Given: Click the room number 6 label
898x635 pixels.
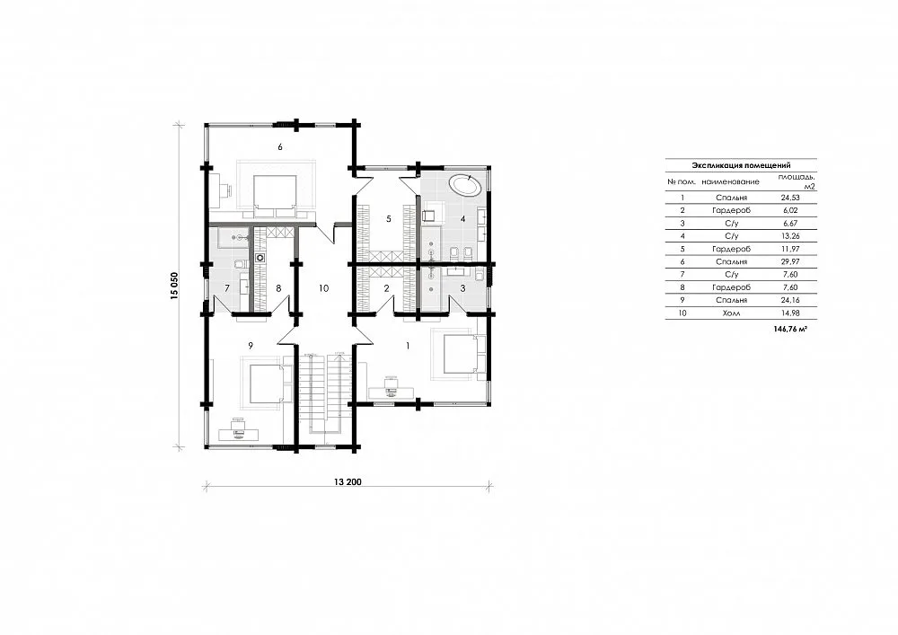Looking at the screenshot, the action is point(280,147).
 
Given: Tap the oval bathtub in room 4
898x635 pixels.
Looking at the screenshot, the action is point(464,185).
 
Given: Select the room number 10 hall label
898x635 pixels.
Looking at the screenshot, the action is point(323,288).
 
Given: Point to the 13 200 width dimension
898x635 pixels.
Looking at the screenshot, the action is point(348,481).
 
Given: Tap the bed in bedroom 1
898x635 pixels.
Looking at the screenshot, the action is point(460,355).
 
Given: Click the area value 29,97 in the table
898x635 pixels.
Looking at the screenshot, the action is point(790,261).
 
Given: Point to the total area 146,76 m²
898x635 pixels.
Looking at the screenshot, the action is point(789,330).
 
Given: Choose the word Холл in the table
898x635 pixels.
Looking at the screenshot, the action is point(731,313).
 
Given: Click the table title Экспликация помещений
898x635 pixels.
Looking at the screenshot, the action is point(741,165).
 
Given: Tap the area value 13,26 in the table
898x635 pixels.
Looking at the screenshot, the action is point(790,235).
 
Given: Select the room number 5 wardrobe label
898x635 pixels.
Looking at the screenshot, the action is point(389,218).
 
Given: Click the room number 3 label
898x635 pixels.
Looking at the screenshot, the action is point(463,288).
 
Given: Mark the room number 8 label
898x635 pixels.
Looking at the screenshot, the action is point(279,288).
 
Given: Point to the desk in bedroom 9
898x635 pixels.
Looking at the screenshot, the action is point(238,432).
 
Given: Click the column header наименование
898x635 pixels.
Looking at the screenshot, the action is point(730,182).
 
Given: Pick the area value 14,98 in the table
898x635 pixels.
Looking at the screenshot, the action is point(790,313).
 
